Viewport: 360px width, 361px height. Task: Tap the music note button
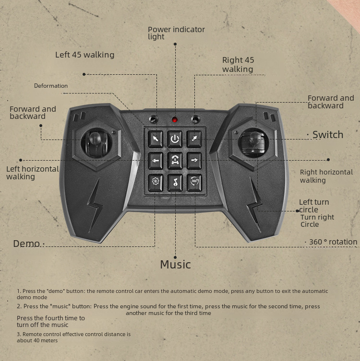point(175,183)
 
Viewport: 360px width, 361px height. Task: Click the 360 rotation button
point(194,183)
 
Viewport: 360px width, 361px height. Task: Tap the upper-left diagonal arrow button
point(156,139)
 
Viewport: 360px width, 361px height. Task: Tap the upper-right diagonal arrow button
point(194,139)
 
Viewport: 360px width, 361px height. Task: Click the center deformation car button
point(175,161)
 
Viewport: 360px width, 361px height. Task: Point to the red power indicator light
point(175,120)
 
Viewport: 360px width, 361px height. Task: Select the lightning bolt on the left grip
point(95,205)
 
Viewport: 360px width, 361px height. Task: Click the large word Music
point(175,265)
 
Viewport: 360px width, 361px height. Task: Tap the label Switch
point(328,135)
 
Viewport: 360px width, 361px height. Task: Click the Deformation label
point(51,86)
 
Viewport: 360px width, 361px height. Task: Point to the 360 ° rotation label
point(333,242)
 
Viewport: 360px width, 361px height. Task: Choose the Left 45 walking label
point(85,55)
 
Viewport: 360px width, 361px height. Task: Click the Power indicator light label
point(176,33)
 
